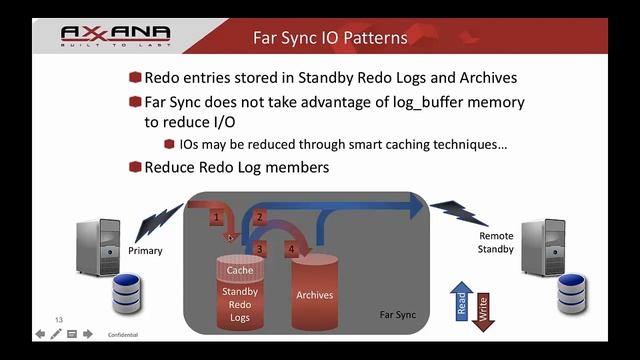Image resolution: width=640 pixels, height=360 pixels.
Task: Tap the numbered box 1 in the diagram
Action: point(216,216)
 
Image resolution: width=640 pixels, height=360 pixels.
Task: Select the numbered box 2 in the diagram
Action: point(258,216)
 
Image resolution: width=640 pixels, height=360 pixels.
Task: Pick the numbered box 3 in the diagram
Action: point(259,247)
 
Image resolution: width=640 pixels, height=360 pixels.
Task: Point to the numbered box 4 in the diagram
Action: point(292,247)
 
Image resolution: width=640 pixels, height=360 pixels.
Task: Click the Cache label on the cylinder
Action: point(240,270)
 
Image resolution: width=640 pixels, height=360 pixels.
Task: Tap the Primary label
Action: point(145,251)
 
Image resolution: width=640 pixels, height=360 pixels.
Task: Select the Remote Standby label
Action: point(496,242)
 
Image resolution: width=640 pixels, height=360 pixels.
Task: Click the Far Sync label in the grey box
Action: point(399,314)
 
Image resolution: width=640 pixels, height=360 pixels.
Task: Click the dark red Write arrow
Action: point(484,311)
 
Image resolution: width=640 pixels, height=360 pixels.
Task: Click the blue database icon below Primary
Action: point(128,292)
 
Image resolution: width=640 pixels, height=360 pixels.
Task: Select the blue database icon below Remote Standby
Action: point(574,292)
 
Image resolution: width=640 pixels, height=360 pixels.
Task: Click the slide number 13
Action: point(59,319)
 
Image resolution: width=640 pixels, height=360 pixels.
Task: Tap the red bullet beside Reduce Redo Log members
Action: point(135,167)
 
